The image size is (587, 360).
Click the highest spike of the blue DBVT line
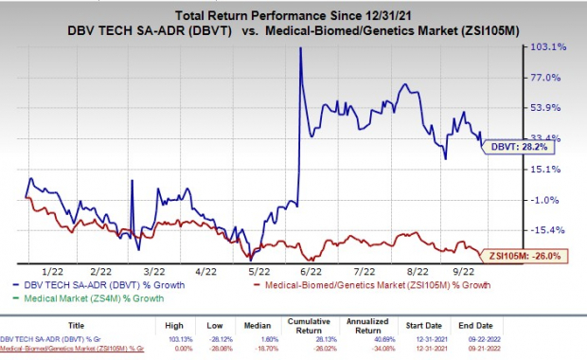point(300,48)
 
